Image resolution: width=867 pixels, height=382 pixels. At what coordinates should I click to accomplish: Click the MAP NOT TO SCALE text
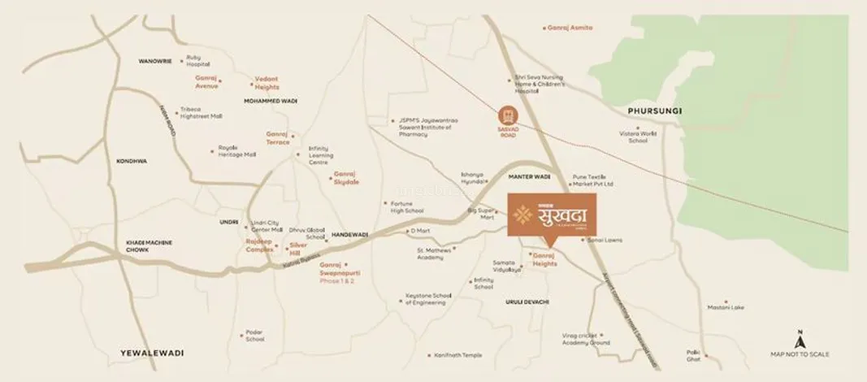[800, 354]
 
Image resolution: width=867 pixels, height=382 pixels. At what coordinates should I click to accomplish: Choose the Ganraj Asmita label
[572, 28]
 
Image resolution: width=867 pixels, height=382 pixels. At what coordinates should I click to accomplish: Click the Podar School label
[254, 336]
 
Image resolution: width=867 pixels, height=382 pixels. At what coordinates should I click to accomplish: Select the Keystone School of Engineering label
[427, 299]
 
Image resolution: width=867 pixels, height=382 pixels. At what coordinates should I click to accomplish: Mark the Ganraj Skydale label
[345, 179]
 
